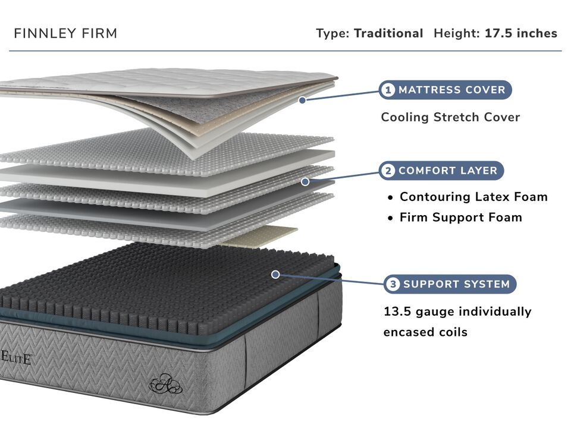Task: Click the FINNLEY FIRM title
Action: pos(65,33)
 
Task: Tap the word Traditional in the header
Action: pos(388,33)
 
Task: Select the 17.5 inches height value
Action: pos(520,33)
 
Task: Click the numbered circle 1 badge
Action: pos(388,90)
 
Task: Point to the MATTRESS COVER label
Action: pos(452,90)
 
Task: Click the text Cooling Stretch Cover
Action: pos(450,117)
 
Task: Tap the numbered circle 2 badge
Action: pos(388,171)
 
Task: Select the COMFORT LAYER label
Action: pos(447,171)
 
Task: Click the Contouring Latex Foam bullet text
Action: pos(473,197)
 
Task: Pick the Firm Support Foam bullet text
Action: pos(460,218)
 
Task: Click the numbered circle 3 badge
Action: pos(392,284)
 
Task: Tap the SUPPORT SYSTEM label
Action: pos(456,284)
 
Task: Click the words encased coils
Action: pos(425,332)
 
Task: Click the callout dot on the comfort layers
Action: pos(305,182)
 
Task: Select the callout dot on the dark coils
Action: pos(275,274)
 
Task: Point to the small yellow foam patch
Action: pos(262,237)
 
